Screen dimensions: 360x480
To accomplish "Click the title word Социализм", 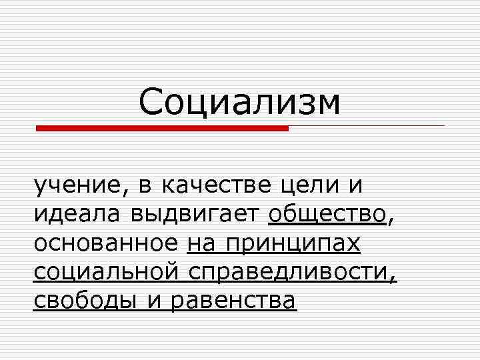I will click(240, 103).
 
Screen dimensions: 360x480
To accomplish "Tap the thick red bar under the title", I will click(162, 128).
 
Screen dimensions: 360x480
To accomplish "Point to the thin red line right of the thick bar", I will click(367, 125).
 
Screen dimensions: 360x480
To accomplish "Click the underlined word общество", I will click(327, 215).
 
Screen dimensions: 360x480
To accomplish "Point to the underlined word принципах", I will click(293, 245).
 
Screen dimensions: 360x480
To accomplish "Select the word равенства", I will click(233, 301).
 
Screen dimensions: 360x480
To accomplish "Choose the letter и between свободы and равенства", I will click(154, 302).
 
